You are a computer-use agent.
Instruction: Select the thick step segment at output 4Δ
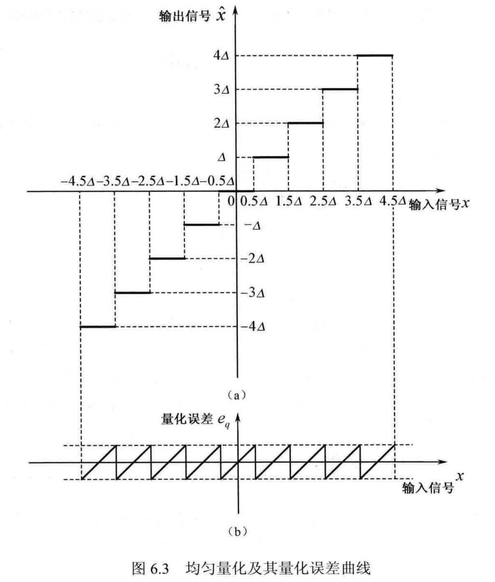[x=375, y=55]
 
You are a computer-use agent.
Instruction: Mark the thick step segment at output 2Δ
[x=305, y=123]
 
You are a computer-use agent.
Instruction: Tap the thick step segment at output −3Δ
[x=132, y=292]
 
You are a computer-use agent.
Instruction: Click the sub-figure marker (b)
[x=236, y=532]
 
